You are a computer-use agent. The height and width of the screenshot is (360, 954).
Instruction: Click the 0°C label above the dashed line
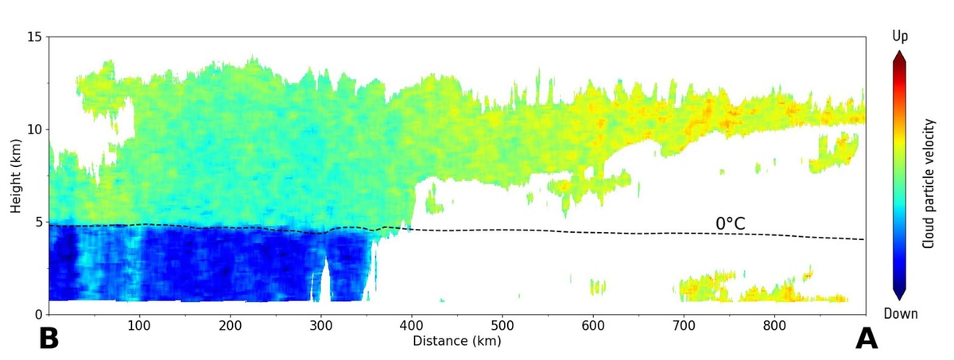coord(730,224)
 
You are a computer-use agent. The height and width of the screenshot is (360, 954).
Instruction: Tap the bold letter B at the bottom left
coord(48,339)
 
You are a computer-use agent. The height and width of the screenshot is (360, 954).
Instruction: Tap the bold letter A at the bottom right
coord(866,339)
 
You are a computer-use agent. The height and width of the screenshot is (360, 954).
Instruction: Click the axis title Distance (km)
coord(457,341)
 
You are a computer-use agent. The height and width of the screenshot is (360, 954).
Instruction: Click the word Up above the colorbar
coord(899,37)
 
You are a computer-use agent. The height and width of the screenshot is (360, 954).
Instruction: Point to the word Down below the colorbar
coord(899,314)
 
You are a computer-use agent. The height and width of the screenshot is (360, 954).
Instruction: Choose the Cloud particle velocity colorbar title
coord(928,183)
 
